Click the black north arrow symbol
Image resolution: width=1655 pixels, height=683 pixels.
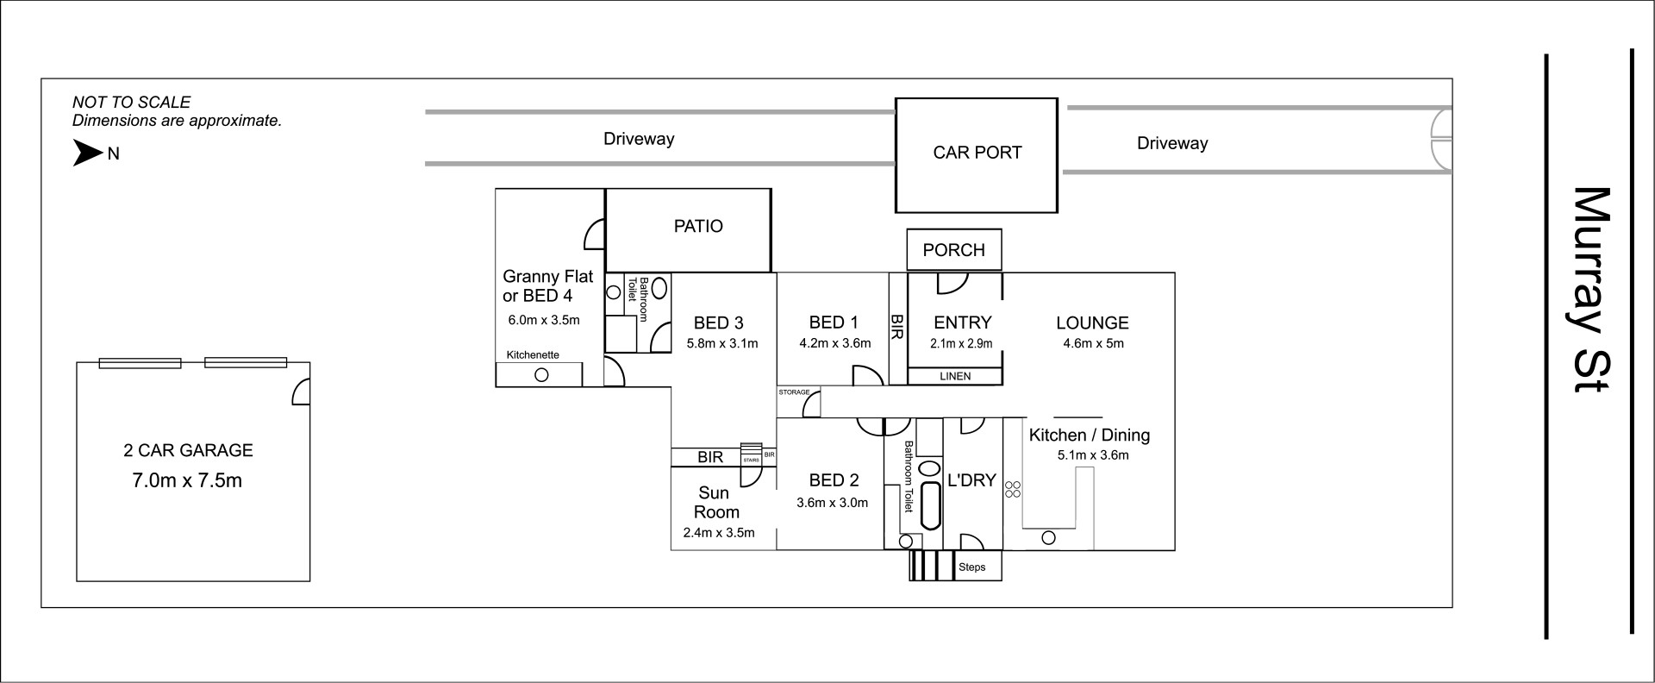[87, 154]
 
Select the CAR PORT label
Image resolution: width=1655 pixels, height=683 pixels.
[977, 153]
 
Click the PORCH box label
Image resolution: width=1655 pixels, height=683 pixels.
[953, 250]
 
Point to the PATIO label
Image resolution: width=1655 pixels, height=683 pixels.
[698, 226]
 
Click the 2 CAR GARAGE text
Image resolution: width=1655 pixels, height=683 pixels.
[188, 450]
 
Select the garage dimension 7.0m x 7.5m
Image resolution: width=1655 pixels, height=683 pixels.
[187, 480]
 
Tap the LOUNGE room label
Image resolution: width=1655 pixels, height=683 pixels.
[1092, 323]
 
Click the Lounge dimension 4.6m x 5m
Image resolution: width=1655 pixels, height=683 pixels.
[1093, 343]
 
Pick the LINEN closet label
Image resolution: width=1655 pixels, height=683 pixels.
[955, 376]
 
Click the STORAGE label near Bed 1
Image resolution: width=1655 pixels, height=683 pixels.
[794, 392]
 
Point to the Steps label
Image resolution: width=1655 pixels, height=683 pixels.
[972, 567]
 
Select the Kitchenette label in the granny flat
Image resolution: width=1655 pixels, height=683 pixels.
[533, 354]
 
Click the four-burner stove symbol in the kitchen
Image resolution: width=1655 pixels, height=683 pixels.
[1013, 489]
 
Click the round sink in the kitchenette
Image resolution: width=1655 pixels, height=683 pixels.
[542, 375]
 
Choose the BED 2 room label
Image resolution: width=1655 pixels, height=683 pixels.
[834, 480]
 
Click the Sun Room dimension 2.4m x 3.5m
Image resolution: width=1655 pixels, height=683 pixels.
[719, 533]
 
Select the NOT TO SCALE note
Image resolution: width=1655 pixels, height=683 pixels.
[132, 103]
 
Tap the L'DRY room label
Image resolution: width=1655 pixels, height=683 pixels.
[971, 480]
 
